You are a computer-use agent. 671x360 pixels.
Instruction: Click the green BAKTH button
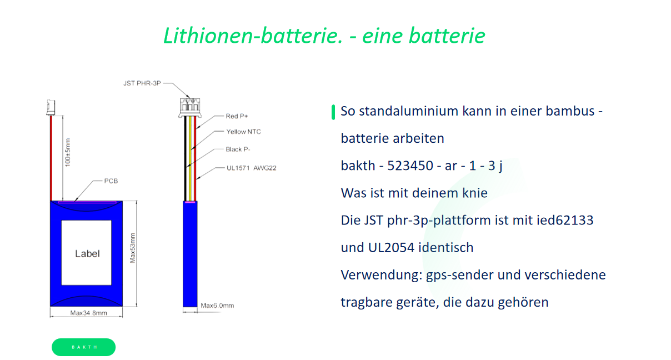click(x=83, y=347)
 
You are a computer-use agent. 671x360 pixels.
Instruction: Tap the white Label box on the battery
click(x=87, y=253)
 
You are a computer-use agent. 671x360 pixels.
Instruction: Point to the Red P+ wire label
click(x=237, y=116)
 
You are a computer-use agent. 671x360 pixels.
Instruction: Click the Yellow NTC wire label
click(x=243, y=132)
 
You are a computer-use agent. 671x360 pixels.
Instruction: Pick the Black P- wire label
click(x=237, y=149)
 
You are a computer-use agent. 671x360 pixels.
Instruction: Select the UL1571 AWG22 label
click(x=251, y=168)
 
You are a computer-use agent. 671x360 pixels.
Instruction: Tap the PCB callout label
click(x=111, y=181)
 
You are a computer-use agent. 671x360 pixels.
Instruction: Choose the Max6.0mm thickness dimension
click(x=217, y=306)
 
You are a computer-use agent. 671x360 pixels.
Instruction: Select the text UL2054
click(x=389, y=247)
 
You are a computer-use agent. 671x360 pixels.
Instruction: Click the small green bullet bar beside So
click(x=333, y=112)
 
